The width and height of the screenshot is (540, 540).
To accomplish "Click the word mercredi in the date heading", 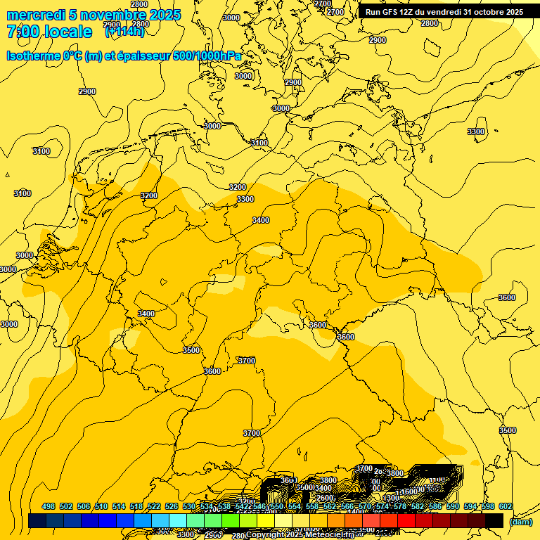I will pos(35,15).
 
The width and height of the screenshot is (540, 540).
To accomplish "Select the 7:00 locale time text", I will pos(49,32).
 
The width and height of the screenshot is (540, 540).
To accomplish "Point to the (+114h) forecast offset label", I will pos(124,32).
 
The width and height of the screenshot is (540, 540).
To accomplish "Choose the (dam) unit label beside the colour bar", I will pos(520,522).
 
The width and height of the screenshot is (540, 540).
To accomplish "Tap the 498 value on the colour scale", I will pos(49,506).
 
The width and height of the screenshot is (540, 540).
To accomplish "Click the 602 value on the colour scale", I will pos(506,506).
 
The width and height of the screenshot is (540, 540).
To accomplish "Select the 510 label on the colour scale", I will pos(101,506).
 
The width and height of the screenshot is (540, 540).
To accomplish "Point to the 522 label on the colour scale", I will pos(154,506).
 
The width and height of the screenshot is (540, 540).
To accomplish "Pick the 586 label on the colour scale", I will pos(435,506).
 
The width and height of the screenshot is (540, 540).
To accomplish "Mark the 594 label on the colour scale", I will pos(470,506).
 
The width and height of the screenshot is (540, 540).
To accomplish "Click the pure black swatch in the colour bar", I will pos(494,521).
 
